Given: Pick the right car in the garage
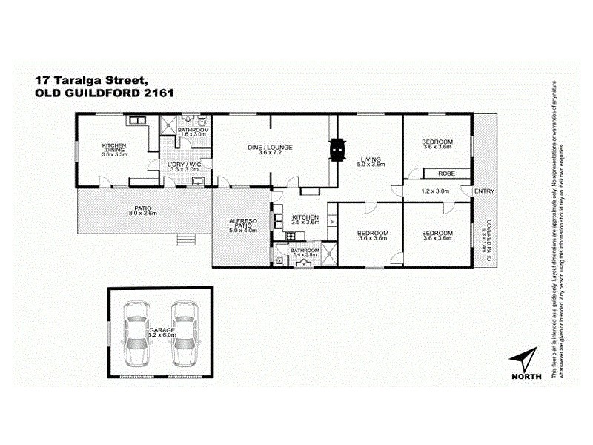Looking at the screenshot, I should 183,334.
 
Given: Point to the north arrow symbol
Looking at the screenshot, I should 525,359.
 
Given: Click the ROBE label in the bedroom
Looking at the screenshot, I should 445,173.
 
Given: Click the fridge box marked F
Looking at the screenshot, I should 333,222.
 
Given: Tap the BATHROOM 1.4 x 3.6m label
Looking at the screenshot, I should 304,253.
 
